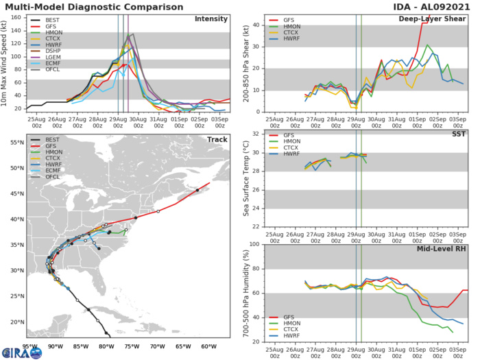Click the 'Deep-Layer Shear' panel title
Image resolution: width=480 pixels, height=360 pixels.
(x=431, y=19)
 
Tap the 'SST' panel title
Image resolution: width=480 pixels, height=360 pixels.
(x=455, y=134)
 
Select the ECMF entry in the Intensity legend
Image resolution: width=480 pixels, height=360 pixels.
(x=53, y=80)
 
